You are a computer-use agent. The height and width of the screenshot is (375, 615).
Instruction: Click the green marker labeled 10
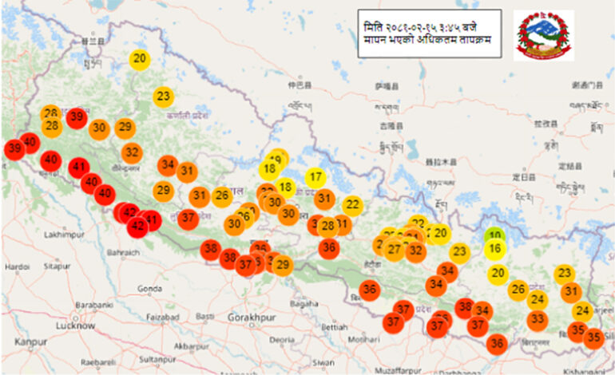click(495, 235)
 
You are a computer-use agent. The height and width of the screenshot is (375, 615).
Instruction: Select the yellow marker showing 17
click(316, 177)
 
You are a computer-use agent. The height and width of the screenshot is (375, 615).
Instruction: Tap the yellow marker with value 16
click(495, 249)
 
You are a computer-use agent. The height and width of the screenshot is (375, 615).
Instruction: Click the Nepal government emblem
click(543, 35)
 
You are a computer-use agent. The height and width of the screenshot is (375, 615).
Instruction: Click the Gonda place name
click(149, 288)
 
